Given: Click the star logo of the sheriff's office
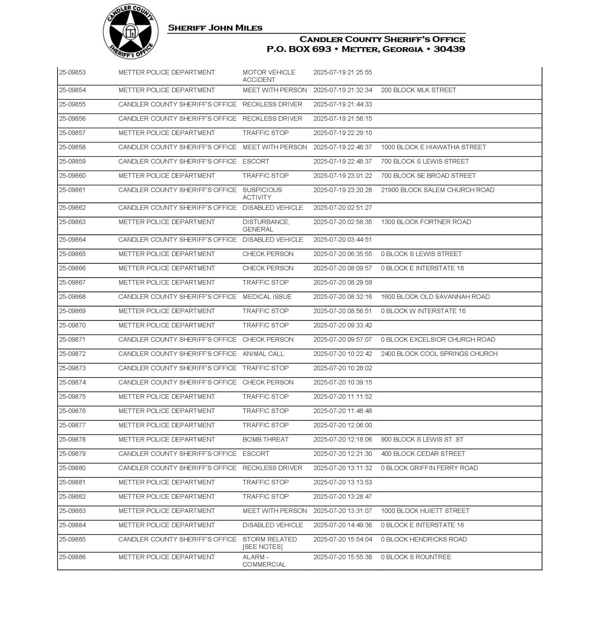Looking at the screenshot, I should click(130, 31).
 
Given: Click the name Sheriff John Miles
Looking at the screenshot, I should click(215, 28).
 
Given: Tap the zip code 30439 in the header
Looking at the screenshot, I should click(449, 49).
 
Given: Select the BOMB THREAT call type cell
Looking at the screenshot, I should click(265, 439).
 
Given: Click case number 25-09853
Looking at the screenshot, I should click(73, 73).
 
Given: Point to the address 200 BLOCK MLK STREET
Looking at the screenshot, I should click(418, 90).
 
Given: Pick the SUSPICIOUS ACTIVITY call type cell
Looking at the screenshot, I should click(262, 194).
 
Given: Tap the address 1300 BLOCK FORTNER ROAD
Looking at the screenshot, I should click(426, 222).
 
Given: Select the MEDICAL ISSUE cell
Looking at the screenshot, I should click(267, 297).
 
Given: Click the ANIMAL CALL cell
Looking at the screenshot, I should click(263, 354).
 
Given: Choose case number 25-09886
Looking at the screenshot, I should click(73, 557).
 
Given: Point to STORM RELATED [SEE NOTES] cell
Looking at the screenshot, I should click(270, 543).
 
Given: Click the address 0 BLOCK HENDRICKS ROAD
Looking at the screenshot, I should click(424, 539).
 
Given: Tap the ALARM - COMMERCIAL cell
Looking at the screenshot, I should click(264, 560).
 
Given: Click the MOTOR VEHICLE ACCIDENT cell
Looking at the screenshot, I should click(269, 76).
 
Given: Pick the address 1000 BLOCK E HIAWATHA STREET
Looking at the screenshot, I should click(433, 147).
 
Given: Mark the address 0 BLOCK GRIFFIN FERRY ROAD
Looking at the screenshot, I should click(429, 468).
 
